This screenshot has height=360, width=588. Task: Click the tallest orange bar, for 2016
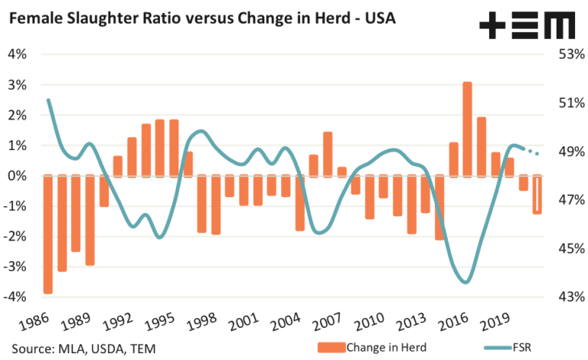point(467,129)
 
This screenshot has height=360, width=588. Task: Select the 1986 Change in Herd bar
point(48,234)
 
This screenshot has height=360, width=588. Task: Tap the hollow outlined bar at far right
point(537,195)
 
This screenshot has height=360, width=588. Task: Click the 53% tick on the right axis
point(571,54)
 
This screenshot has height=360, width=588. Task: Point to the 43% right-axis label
point(571,297)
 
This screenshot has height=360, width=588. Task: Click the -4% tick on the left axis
point(15,297)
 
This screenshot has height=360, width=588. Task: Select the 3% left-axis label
point(18,85)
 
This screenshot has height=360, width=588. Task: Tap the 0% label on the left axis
point(18,176)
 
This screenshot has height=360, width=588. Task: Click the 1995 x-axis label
point(160,322)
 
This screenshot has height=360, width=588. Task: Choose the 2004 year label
point(286,322)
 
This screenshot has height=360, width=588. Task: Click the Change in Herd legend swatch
point(331,348)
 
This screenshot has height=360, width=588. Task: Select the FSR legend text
point(522,348)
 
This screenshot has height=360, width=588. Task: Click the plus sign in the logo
point(492,25)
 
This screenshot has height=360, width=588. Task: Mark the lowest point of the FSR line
point(465,283)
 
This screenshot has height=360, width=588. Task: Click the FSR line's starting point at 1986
point(48,100)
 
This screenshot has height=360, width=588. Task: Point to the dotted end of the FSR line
point(533,152)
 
